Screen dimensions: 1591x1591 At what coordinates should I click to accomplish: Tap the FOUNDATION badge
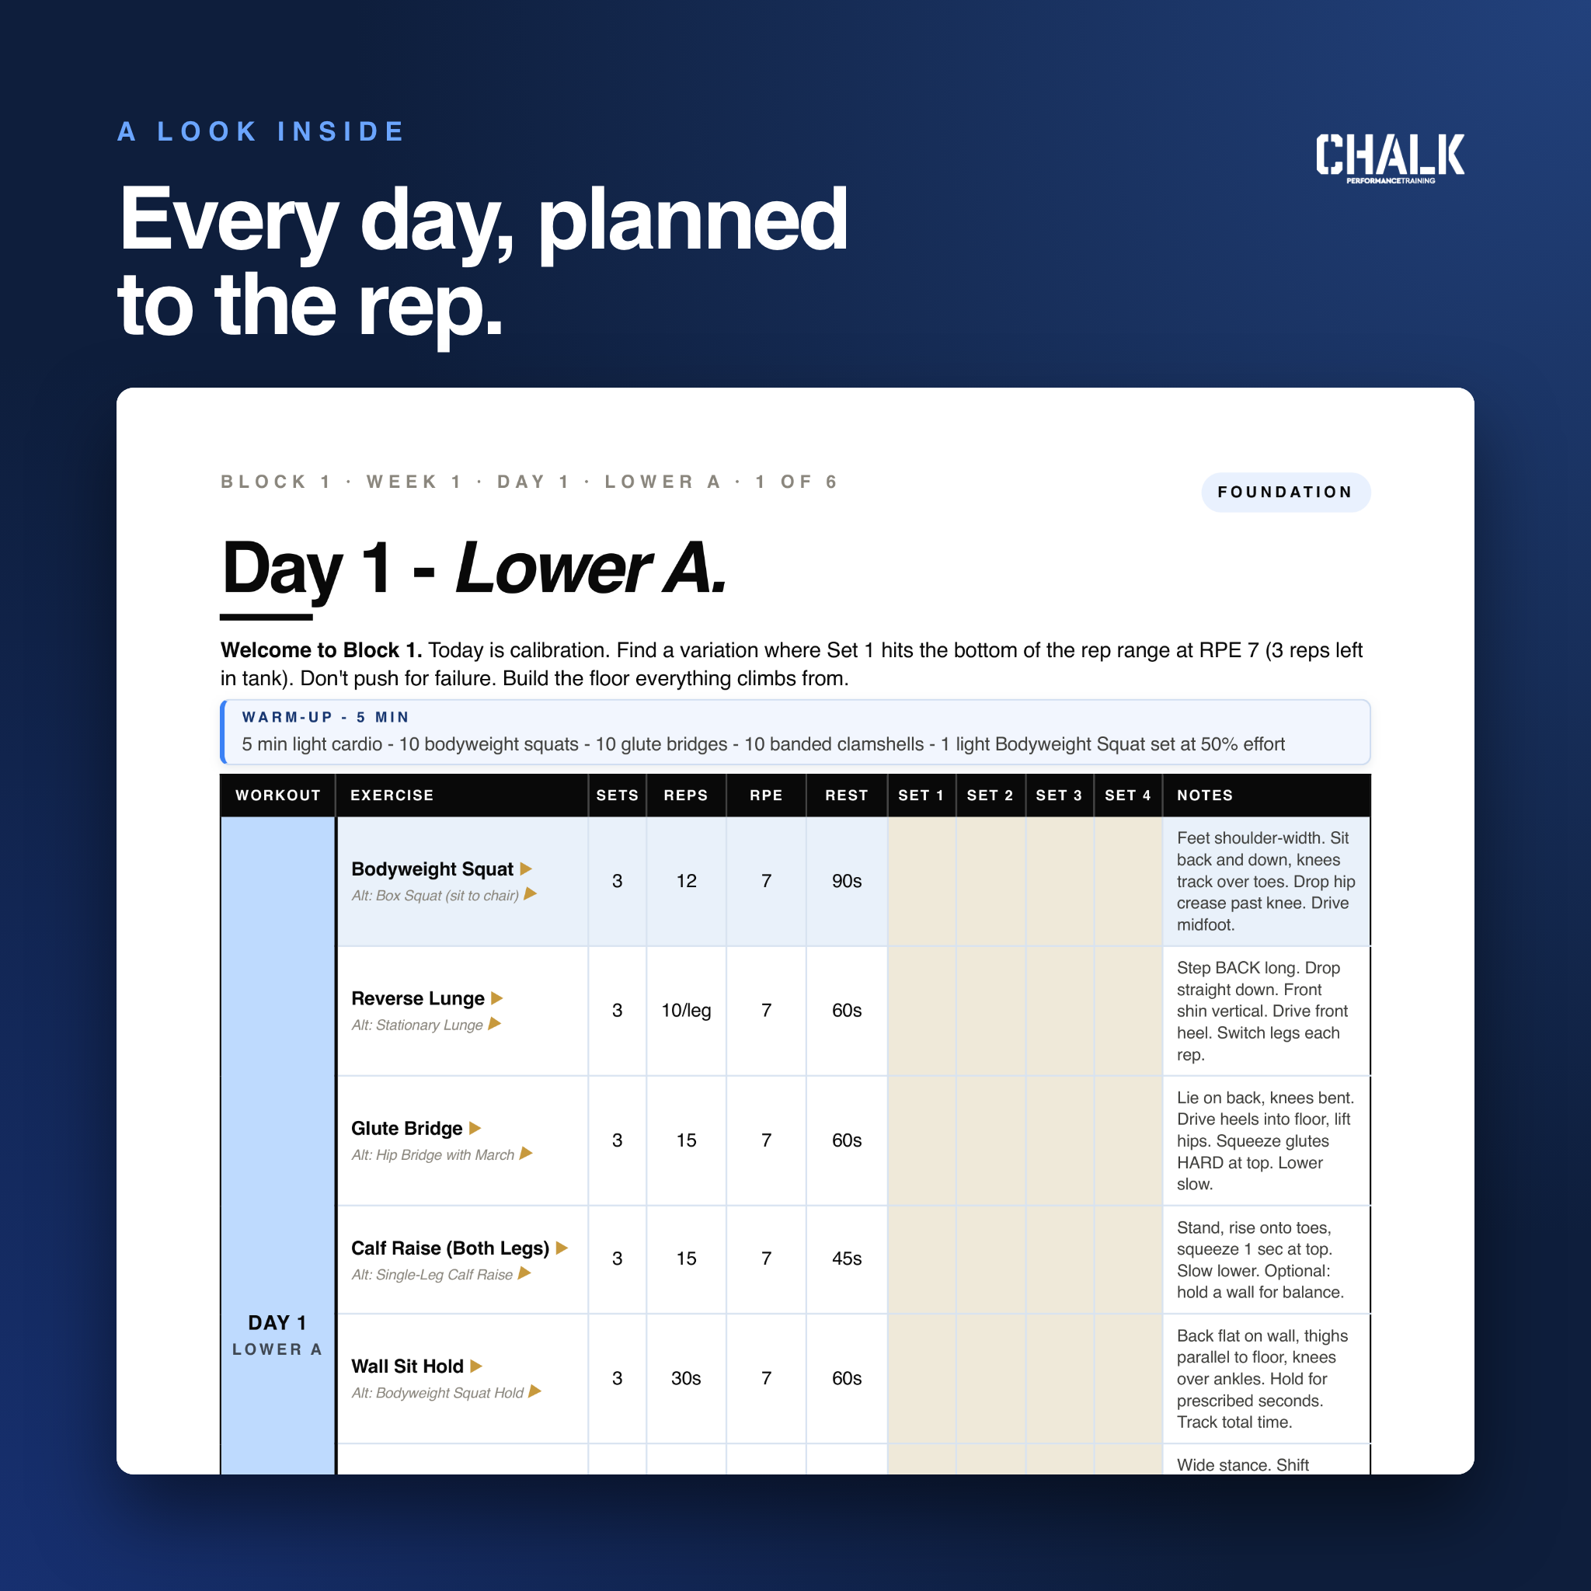pyautogui.click(x=1286, y=493)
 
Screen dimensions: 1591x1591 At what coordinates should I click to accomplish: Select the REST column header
pyautogui.click(x=847, y=795)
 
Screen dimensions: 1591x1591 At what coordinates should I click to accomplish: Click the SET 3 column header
pyautogui.click(x=1058, y=795)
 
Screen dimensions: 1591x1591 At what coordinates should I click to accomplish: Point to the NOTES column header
pyautogui.click(x=1205, y=795)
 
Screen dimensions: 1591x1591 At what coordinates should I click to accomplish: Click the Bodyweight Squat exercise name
pyautogui.click(x=433, y=869)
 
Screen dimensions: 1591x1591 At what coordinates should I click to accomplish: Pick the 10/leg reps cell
pyautogui.click(x=686, y=1011)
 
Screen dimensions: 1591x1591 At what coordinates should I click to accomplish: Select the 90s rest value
pyautogui.click(x=847, y=881)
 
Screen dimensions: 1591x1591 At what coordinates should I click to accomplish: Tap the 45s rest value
pyautogui.click(x=847, y=1259)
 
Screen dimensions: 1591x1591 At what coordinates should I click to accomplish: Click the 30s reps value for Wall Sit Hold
pyautogui.click(x=686, y=1379)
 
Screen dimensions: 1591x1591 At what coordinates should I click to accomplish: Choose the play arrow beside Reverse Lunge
pyautogui.click(x=496, y=998)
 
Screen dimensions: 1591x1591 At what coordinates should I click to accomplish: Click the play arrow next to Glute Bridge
pyautogui.click(x=475, y=1128)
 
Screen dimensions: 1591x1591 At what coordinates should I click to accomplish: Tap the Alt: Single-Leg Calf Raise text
pyautogui.click(x=433, y=1275)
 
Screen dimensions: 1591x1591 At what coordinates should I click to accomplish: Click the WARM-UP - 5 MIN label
pyautogui.click(x=326, y=717)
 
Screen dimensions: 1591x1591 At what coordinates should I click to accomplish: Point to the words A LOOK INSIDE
pyautogui.click(x=261, y=132)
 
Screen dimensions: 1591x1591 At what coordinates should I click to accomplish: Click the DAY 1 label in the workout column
pyautogui.click(x=277, y=1322)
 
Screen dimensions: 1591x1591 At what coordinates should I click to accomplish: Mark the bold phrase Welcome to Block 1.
pyautogui.click(x=321, y=649)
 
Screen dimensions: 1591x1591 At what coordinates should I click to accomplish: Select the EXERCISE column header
pyautogui.click(x=392, y=795)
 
